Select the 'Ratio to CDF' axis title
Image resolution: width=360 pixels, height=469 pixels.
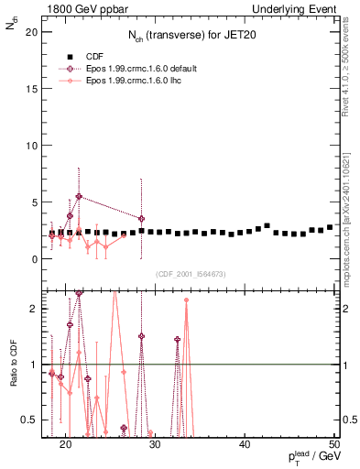coord(13,365)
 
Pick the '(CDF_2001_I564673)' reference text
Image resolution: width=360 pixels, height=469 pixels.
coord(190,274)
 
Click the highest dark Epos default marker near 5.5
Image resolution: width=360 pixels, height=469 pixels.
coord(79,196)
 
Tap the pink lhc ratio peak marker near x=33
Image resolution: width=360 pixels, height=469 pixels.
coord(186,300)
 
